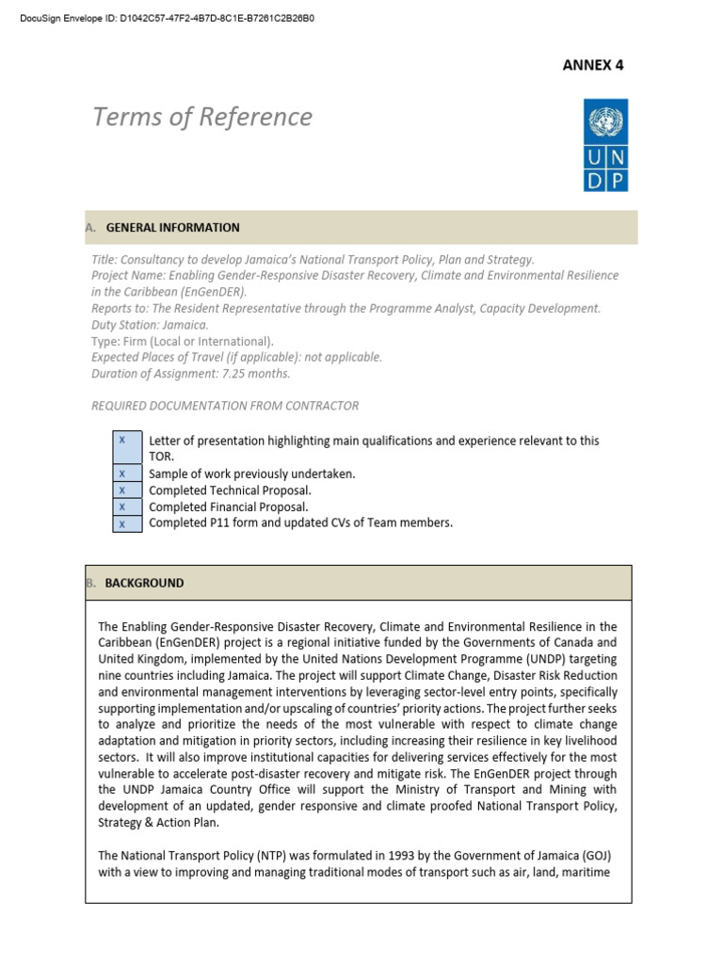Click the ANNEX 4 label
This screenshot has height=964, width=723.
(593, 65)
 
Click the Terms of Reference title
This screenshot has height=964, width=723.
(202, 117)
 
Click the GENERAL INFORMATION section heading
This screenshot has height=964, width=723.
(172, 228)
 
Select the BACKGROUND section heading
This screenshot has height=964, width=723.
(144, 583)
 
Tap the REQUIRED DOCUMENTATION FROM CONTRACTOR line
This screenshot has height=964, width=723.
(225, 406)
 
